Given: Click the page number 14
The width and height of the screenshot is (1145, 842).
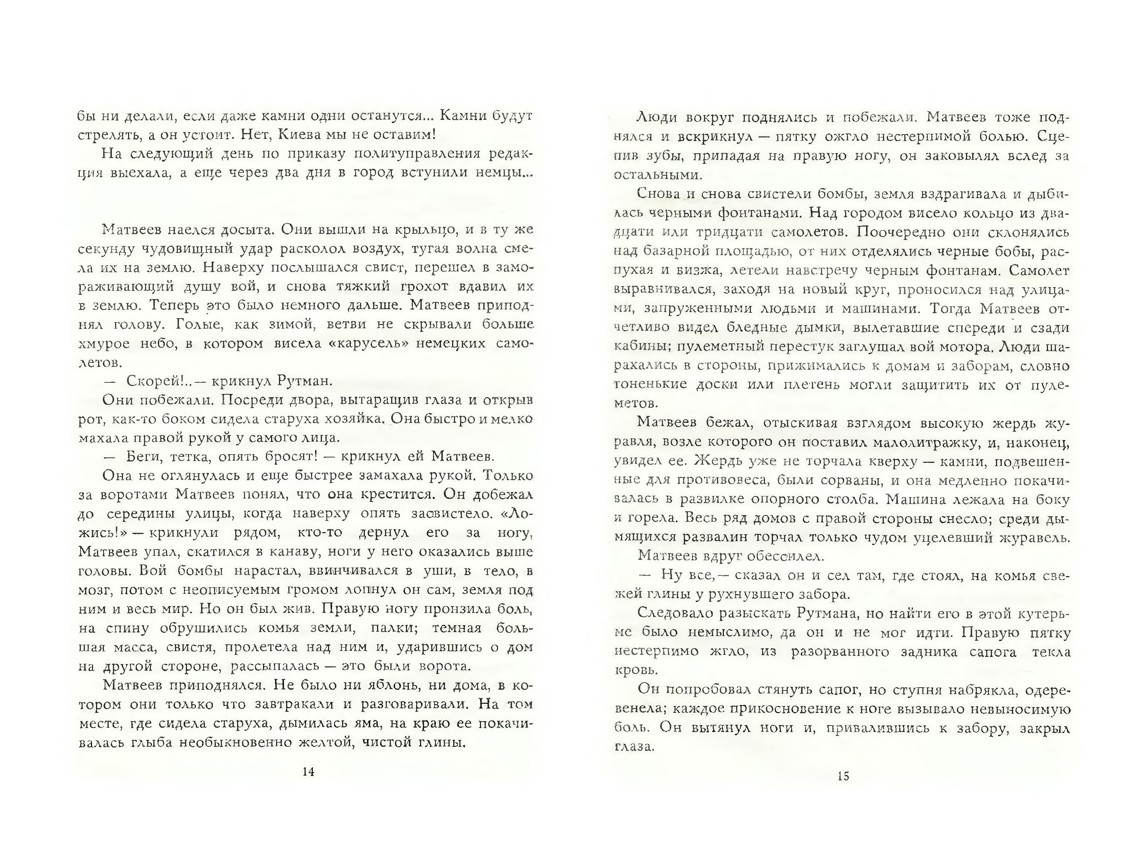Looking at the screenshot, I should [x=308, y=772].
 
